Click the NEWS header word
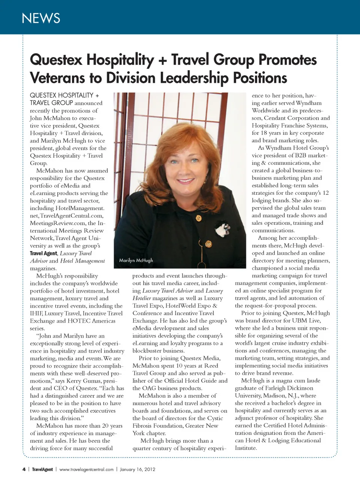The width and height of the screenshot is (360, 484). [x=41, y=18]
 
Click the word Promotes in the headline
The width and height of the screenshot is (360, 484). [x=287, y=60]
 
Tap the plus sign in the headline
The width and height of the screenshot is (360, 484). [x=162, y=60]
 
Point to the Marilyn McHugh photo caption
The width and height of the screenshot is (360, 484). [x=136, y=260]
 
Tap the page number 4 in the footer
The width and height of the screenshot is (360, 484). [x=24, y=469]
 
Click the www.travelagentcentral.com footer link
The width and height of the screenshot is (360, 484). [x=86, y=469]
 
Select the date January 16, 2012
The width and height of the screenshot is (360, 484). [x=137, y=469]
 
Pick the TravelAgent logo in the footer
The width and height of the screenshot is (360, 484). [x=42, y=469]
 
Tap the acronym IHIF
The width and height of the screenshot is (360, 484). [x=36, y=313]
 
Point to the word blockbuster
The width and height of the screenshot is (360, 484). [x=148, y=351]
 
